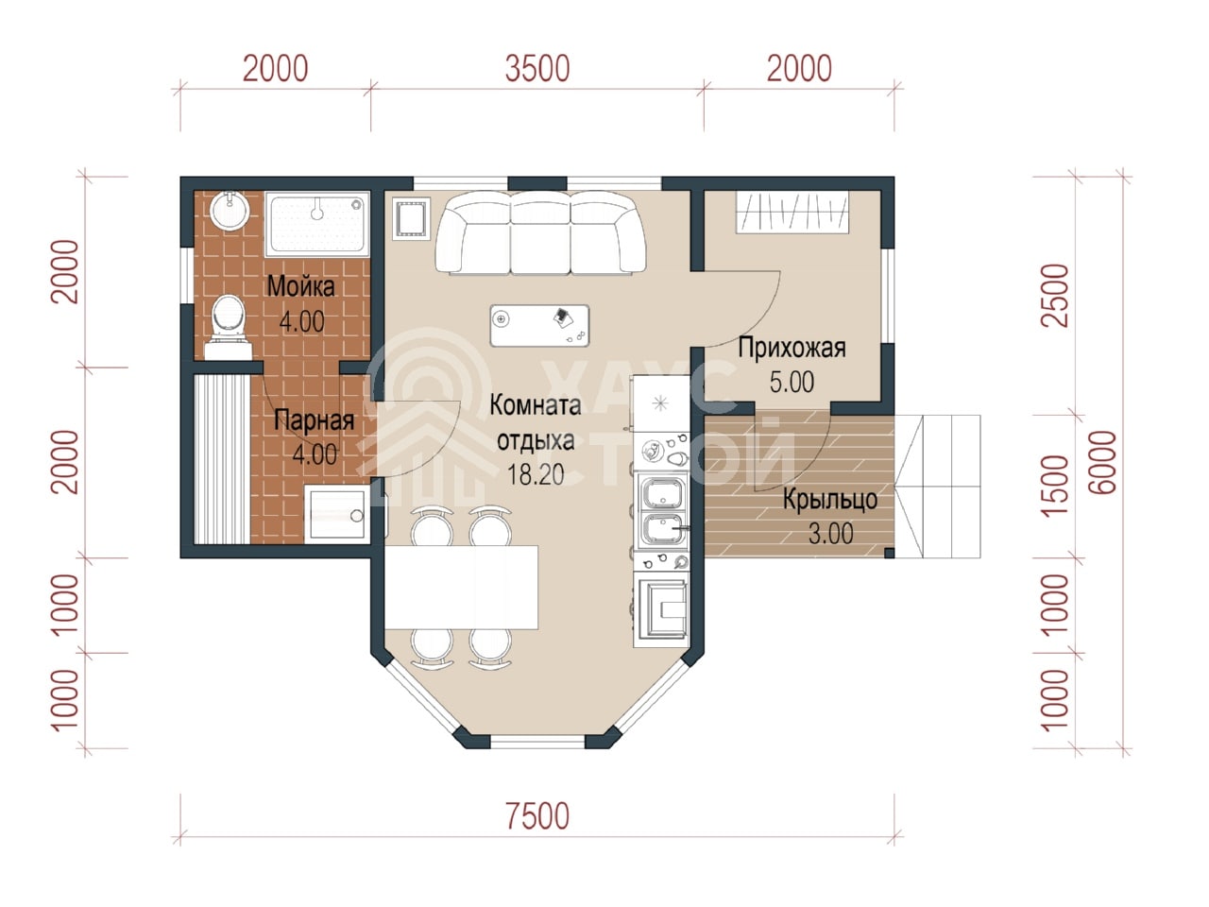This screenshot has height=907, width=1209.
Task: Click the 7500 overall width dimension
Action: (537, 815)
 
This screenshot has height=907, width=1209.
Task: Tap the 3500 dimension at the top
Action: (537, 69)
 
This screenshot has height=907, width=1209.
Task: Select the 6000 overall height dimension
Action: (1102, 462)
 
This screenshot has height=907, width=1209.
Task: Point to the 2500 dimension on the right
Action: (1055, 296)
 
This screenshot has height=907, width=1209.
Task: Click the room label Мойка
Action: (300, 287)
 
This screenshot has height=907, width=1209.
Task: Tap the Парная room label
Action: (314, 420)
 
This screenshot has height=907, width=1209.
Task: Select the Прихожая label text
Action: (792, 348)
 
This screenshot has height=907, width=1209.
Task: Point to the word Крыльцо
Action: (830, 500)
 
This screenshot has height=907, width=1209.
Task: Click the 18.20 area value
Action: (536, 474)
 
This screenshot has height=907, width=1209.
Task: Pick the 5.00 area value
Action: (792, 383)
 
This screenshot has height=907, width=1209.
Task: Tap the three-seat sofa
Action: (540, 232)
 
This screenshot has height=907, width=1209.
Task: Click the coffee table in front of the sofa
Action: (539, 326)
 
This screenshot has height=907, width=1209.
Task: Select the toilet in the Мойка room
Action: (228, 328)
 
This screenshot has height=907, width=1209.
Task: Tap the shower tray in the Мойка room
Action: (316, 224)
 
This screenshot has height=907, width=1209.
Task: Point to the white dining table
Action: (461, 587)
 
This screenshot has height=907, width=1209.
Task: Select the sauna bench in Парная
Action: (222, 459)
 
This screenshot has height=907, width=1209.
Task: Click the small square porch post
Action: (889, 553)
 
